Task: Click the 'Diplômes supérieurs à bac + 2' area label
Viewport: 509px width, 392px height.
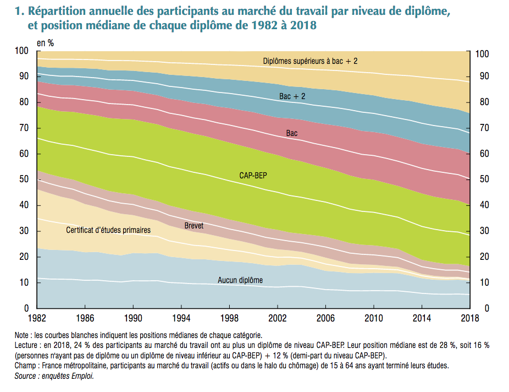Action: [310, 61]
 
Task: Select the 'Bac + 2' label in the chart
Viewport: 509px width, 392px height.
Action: [292, 96]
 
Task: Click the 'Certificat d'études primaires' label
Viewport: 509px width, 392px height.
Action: [108, 230]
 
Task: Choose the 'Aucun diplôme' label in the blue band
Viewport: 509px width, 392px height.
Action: [240, 280]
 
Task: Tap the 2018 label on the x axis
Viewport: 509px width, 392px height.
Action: [469, 319]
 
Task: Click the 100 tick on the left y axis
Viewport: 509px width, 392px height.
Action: [21, 51]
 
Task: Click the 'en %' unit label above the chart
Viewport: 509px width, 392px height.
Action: [45, 42]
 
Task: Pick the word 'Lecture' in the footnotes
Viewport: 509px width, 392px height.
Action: [27, 345]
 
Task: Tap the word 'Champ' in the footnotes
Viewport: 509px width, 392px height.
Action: [26, 366]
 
